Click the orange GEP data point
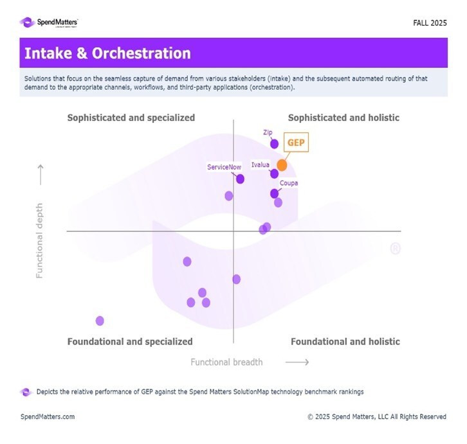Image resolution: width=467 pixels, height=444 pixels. pyautogui.click(x=282, y=165)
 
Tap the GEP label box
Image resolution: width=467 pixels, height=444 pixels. pyautogui.click(x=296, y=142)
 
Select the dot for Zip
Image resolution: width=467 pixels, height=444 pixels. pyautogui.click(x=275, y=143)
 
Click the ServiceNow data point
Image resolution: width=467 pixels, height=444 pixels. pyautogui.click(x=240, y=179)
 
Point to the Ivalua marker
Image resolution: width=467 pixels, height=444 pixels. pyautogui.click(x=274, y=173)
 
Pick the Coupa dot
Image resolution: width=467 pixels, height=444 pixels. pyautogui.click(x=274, y=193)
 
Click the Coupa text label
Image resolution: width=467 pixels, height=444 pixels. pyautogui.click(x=289, y=183)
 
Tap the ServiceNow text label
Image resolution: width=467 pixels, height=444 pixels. pyautogui.click(x=224, y=167)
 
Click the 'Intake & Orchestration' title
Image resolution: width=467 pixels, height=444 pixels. pyautogui.click(x=107, y=54)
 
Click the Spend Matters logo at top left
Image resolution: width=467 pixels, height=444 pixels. pyautogui.click(x=50, y=22)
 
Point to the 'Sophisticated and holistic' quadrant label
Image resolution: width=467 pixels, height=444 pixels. pyautogui.click(x=343, y=118)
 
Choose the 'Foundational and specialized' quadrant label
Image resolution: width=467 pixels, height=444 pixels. pyautogui.click(x=130, y=342)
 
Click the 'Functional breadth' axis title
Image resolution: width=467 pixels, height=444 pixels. pyautogui.click(x=226, y=362)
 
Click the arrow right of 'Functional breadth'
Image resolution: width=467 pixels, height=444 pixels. pyautogui.click(x=297, y=362)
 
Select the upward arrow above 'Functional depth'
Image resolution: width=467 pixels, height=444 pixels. pyautogui.click(x=41, y=173)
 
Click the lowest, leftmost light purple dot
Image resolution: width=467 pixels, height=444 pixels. pyautogui.click(x=100, y=321)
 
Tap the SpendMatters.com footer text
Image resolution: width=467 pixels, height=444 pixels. pyautogui.click(x=48, y=416)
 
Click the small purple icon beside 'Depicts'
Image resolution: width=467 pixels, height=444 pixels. pyautogui.click(x=26, y=391)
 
